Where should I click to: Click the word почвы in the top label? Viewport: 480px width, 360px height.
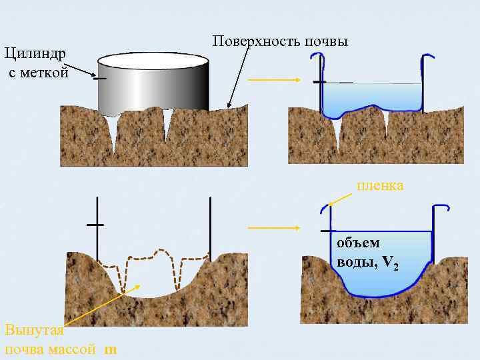pyautogui.click(x=326, y=41)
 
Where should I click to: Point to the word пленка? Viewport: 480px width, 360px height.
pyautogui.click(x=380, y=185)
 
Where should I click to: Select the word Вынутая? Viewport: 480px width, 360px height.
pyautogui.click(x=34, y=331)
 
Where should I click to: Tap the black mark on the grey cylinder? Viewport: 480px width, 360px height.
pyautogui.click(x=99, y=79)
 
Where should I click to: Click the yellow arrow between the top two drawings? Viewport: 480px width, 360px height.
pyautogui.click(x=274, y=80)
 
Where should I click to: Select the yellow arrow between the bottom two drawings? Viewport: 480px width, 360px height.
pyautogui.click(x=274, y=228)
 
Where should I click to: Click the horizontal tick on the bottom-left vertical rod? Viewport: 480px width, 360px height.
pyautogui.click(x=95, y=225)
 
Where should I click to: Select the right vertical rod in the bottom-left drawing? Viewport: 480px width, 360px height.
pyautogui.click(x=211, y=227)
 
